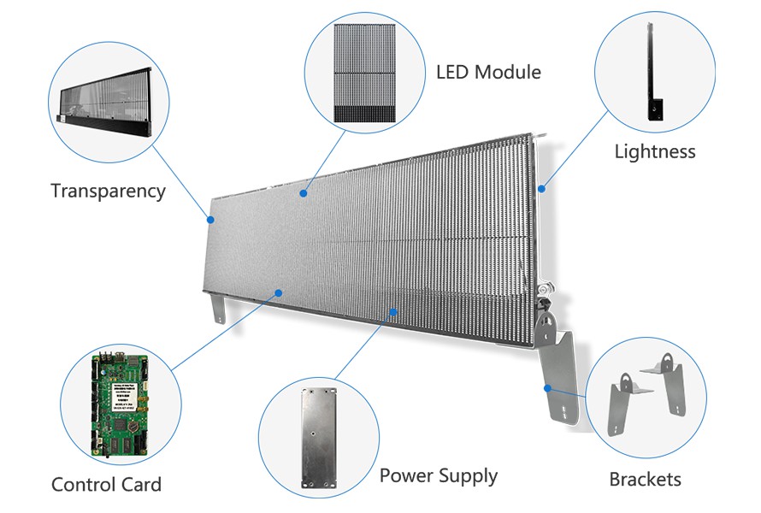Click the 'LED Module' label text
(x=488, y=72)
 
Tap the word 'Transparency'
(x=108, y=191)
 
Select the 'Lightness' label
(x=655, y=152)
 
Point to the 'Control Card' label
(x=106, y=485)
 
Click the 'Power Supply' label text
(x=438, y=475)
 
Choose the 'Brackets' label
(x=645, y=479)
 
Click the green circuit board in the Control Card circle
(x=119, y=401)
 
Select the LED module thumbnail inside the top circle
(x=365, y=72)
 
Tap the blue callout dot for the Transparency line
(x=211, y=219)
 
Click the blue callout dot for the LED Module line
(x=303, y=194)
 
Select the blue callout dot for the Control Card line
(x=278, y=292)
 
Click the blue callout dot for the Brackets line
(x=546, y=387)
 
